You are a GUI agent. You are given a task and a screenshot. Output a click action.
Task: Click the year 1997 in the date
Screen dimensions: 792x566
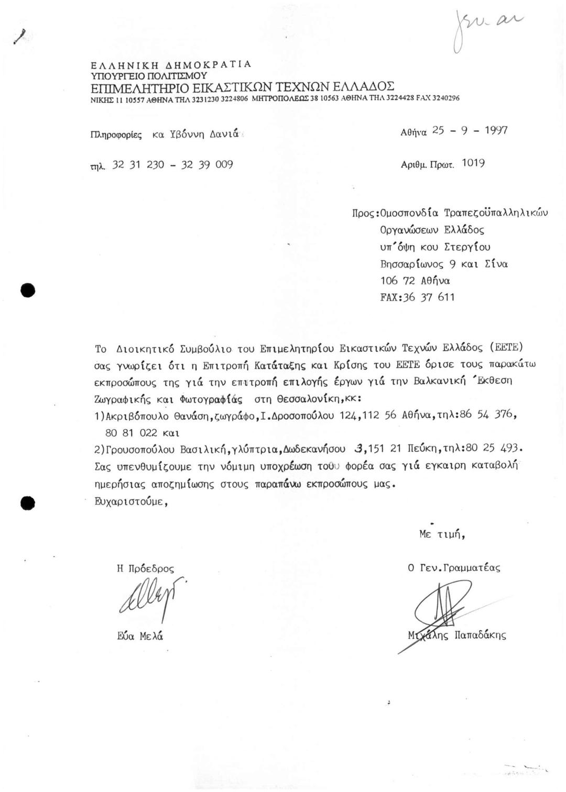[495, 130]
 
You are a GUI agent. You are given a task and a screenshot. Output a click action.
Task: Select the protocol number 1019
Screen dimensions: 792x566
[473, 163]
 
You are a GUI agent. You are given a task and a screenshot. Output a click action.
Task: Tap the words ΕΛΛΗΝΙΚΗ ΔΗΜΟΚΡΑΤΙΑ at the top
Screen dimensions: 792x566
[171, 65]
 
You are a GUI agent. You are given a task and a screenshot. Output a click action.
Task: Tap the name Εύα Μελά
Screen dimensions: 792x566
[140, 637]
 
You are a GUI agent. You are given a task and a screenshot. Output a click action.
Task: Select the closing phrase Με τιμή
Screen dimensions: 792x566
[442, 534]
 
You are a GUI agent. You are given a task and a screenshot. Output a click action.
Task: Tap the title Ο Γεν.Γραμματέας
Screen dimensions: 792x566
[454, 567]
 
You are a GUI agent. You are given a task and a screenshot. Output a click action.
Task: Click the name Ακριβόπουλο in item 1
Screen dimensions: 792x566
[138, 417]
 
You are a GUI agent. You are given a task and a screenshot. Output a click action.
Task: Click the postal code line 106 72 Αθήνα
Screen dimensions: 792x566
[415, 281]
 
